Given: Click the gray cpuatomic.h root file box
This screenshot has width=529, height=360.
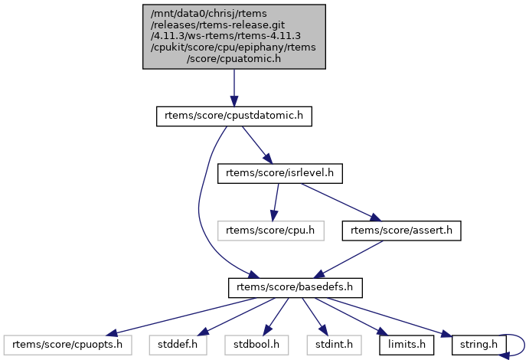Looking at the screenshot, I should [233, 37].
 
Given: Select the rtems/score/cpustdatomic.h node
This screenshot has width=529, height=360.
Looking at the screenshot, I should [233, 116].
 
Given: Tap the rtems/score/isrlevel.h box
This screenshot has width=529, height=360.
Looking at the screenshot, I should [280, 173].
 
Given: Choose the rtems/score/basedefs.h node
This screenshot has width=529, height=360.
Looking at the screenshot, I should [295, 287].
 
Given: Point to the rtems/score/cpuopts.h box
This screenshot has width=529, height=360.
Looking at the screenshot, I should [68, 344].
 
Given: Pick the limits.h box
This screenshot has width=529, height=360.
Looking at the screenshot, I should [406, 344].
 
